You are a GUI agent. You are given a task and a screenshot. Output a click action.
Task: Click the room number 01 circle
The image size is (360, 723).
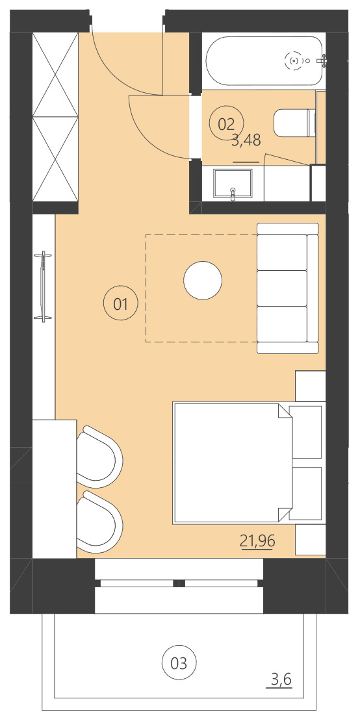tap(121, 303)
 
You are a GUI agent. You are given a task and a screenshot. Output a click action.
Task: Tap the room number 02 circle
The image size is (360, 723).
tap(225, 123)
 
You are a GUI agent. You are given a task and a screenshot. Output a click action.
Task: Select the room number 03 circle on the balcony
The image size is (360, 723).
tap(179, 663)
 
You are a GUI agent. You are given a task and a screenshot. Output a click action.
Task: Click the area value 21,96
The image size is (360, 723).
tap(257, 541)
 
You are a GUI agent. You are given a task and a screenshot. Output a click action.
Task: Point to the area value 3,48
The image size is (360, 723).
tap(246, 140)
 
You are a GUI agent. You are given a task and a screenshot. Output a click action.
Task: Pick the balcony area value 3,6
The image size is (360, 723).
tap(281, 680)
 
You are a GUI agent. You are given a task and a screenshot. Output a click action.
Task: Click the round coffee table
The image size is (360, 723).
tap(203, 281)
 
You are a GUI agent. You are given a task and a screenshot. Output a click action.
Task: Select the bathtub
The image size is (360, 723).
tap(264, 61)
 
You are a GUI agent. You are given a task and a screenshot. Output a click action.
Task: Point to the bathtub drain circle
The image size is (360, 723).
tap(293, 61)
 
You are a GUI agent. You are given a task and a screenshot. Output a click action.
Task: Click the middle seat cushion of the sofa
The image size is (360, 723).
tap(281, 287)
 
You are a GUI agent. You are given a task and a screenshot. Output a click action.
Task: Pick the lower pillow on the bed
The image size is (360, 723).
tap(305, 492)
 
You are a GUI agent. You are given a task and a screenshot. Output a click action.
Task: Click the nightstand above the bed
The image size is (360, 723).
tap(310, 386)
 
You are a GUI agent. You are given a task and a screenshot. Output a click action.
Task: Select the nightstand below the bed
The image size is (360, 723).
tap(310, 540)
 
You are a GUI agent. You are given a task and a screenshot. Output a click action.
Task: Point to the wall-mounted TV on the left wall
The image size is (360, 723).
tap(44, 285)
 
